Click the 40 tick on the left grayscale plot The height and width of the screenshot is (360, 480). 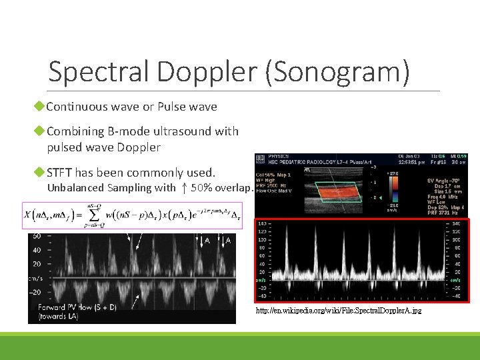coord(37,249)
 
